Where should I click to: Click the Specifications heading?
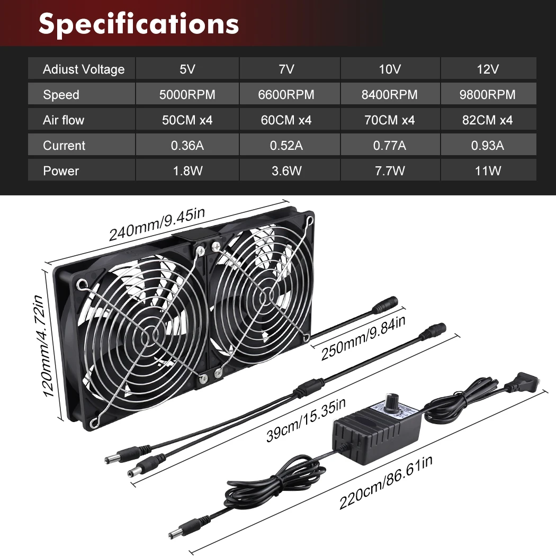pos(139,24)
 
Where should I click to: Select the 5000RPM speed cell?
pos(187,95)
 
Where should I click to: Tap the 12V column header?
pos(488,69)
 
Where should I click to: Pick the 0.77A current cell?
pos(390,146)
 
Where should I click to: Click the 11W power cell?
pos(488,171)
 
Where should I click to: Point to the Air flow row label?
pos(64,120)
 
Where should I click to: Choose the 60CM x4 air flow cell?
pos(289,120)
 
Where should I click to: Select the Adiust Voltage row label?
pos(84,69)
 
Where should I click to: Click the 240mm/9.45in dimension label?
pos(157,225)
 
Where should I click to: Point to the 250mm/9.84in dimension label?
pos(363,338)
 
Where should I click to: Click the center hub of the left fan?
pos(154,336)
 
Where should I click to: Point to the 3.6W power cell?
pos(289,171)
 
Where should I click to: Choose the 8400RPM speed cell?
pos(390,95)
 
